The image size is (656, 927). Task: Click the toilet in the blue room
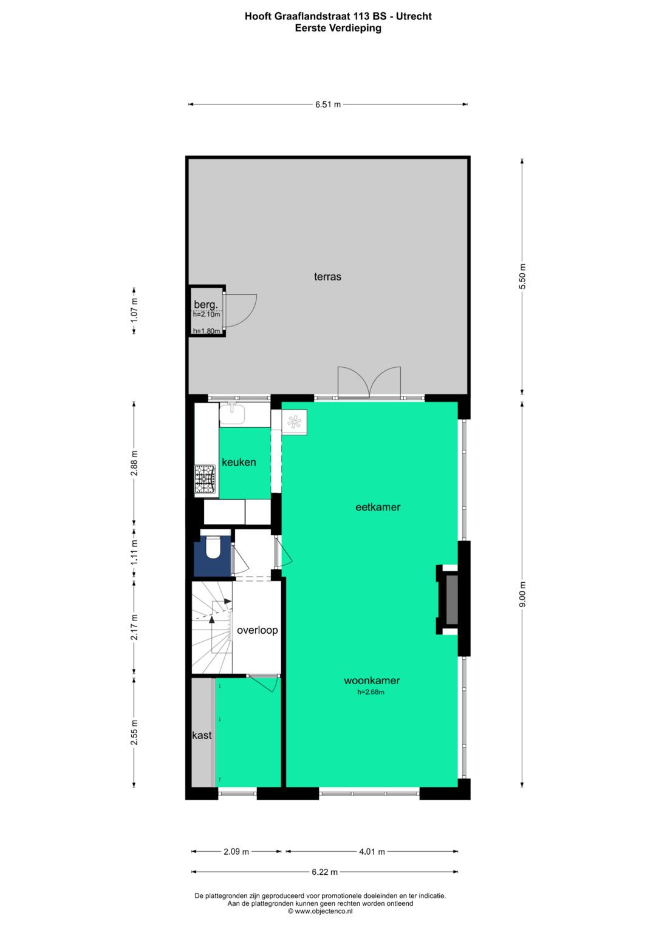(x=213, y=548)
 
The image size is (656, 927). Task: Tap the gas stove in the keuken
(x=205, y=478)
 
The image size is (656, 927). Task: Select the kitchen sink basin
(x=232, y=415)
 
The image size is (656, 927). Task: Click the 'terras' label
(x=327, y=277)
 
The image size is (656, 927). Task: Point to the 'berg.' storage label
(x=205, y=304)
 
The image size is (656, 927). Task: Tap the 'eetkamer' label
(x=378, y=507)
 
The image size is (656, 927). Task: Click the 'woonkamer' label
(x=372, y=681)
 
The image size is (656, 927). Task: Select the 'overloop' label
(x=258, y=630)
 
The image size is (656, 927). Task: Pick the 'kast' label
(x=202, y=735)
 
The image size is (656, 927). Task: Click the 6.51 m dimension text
(x=328, y=104)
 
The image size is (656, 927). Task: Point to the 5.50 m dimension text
(x=522, y=277)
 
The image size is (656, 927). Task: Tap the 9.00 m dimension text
(x=522, y=594)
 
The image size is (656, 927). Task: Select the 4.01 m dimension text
(x=372, y=851)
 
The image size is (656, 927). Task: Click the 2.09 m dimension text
(x=236, y=851)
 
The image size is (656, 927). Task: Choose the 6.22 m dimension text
(x=324, y=872)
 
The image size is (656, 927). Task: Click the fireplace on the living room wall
(x=451, y=599)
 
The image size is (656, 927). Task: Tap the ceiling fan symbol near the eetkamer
(x=294, y=421)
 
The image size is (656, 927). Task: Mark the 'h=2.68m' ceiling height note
(x=371, y=691)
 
